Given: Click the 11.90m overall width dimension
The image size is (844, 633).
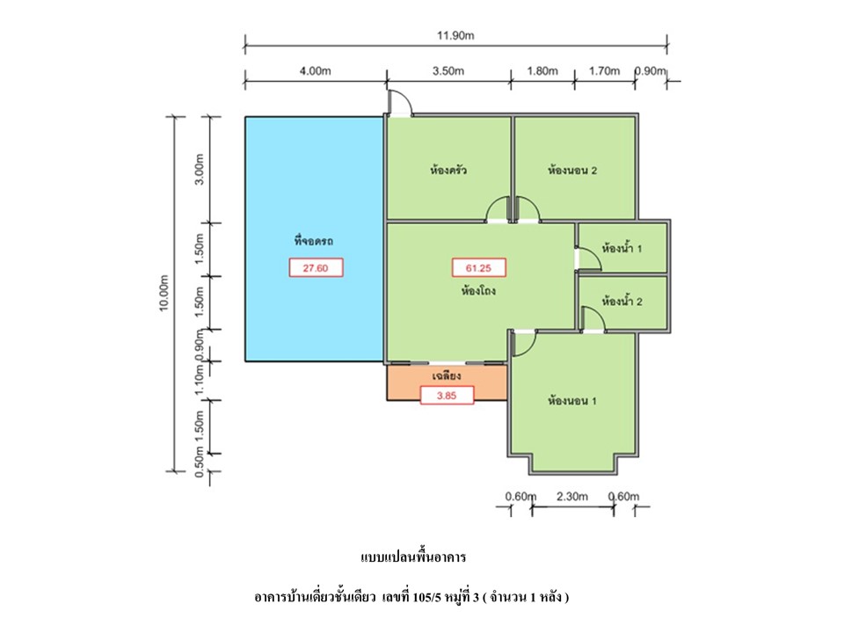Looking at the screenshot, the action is (455, 35).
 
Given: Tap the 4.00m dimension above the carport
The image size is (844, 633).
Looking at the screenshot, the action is (316, 70).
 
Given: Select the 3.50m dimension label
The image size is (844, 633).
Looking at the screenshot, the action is (448, 70).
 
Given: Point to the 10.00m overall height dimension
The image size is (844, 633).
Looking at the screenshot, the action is (164, 294).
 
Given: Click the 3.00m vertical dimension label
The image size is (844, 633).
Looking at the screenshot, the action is (200, 169).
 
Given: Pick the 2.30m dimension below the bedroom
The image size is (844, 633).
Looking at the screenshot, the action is (572, 496).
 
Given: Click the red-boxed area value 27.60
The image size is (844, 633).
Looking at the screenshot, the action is (316, 267).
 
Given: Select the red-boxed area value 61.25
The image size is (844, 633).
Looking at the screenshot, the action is (478, 267).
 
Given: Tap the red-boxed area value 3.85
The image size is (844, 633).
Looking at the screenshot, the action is (447, 396).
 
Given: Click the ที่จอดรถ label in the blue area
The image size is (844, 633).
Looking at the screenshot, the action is (314, 241).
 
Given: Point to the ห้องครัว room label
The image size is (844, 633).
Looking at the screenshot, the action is (448, 171).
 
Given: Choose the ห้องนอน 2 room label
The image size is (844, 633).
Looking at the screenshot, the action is (572, 171).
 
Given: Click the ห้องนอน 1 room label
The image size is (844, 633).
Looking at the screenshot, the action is (572, 401).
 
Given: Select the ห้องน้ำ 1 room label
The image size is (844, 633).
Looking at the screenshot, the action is (622, 249).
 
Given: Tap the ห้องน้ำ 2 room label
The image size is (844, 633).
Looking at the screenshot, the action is (622, 302).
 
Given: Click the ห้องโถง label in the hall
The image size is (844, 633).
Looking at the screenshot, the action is (478, 291).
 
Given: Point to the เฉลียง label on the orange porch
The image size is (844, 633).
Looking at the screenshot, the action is (447, 375).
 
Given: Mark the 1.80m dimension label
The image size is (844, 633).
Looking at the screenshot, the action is (542, 70).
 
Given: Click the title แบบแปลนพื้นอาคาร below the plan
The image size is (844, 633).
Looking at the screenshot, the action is (413, 557).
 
